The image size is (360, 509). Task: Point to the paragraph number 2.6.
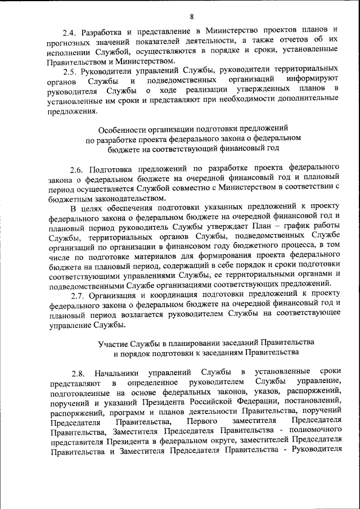tap(78, 168)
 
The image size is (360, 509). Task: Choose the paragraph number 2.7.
tap(78, 295)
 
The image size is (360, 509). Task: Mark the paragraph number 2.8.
tap(78, 372)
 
